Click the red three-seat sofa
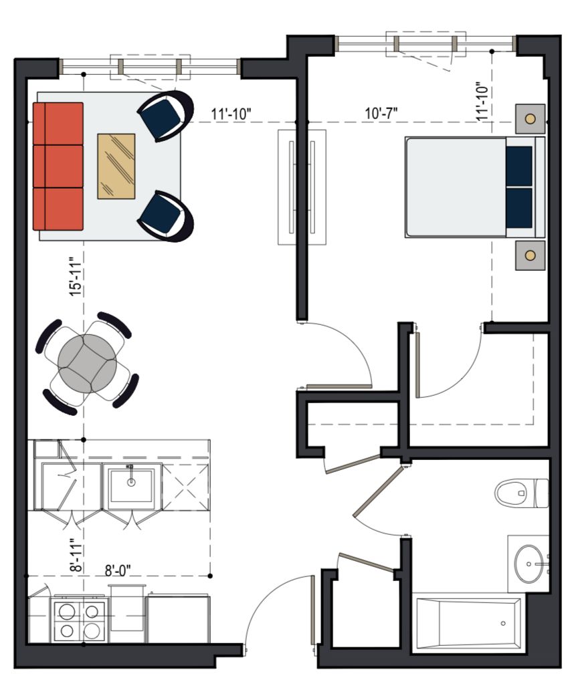[x=58, y=166]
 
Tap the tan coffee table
[x=116, y=166]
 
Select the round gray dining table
[x=88, y=363]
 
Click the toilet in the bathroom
[x=522, y=493]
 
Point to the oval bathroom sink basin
[x=528, y=564]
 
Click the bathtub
[x=468, y=623]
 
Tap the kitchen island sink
[x=131, y=485]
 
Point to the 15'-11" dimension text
[x=76, y=277]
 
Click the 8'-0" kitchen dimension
[x=118, y=570]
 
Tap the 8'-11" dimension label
[x=76, y=555]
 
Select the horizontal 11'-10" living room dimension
[x=231, y=114]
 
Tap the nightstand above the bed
[x=530, y=119]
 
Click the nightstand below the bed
[x=530, y=255]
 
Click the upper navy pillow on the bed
[x=519, y=166]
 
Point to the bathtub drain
[x=503, y=623]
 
